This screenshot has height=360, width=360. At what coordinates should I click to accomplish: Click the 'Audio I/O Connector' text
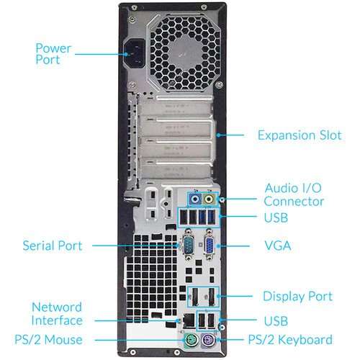coord(292,194)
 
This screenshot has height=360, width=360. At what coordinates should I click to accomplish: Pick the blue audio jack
coord(194,198)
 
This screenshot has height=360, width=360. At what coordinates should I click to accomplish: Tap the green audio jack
coord(209,198)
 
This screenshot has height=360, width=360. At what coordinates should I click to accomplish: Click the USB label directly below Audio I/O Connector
coord(276,217)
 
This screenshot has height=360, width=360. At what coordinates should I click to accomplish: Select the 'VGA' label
coord(277,246)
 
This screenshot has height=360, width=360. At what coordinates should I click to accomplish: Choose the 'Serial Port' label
coord(53,246)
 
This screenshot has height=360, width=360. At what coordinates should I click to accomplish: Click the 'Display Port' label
coord(297,296)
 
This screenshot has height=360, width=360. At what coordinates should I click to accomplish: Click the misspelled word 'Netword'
coord(57,307)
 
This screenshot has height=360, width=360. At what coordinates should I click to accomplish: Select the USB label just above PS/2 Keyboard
coord(276,320)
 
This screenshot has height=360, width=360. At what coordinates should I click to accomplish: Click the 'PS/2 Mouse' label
coord(48,339)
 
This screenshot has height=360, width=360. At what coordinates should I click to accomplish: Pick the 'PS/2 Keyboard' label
coord(290,339)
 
